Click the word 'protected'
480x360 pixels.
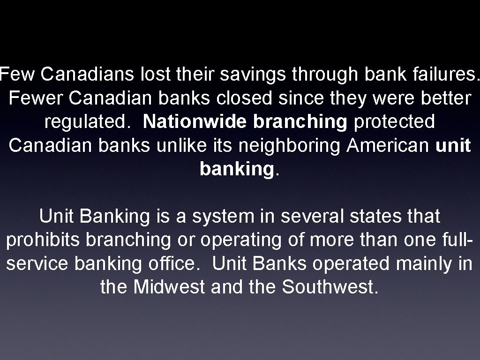point(394,121)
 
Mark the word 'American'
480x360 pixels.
point(389,145)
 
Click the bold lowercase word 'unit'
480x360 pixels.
point(453,145)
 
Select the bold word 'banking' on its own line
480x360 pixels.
point(236,170)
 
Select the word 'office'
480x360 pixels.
point(175,263)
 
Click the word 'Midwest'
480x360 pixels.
point(169,287)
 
